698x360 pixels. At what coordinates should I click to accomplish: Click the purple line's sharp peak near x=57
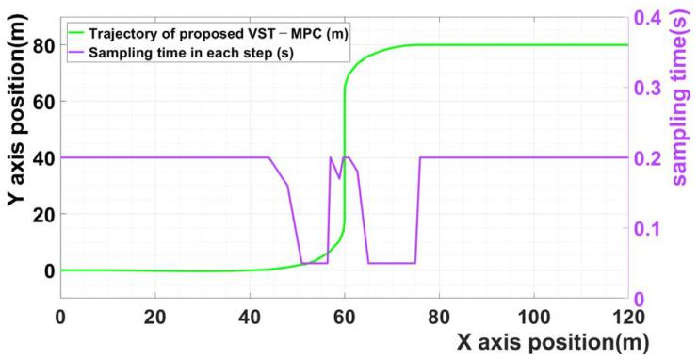pyautogui.click(x=331, y=158)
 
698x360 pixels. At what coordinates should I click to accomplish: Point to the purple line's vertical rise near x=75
pyautogui.click(x=418, y=209)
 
